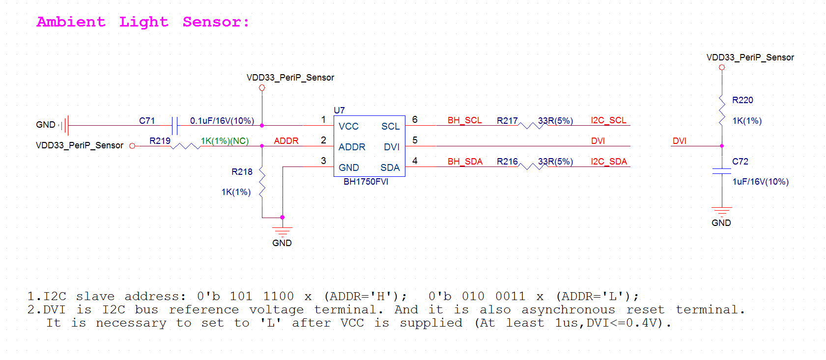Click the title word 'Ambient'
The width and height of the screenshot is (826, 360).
[x=71, y=22]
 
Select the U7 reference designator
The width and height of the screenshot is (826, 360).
[x=339, y=111]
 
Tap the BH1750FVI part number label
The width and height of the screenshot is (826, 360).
[x=366, y=182]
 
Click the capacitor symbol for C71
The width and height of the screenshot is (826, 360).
[x=174, y=126]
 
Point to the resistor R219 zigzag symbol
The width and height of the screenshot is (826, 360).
[x=185, y=146]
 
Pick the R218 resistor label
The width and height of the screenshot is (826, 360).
[x=242, y=172]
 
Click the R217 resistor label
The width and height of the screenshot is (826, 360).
[x=507, y=121]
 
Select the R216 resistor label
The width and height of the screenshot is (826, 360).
[x=507, y=162]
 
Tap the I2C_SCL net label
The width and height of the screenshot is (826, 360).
[x=608, y=121]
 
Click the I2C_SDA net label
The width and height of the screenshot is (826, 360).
[x=609, y=162]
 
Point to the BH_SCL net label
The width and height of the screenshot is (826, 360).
[x=464, y=121]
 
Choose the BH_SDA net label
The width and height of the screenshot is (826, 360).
[x=465, y=162]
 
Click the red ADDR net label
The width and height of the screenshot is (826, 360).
[x=286, y=141]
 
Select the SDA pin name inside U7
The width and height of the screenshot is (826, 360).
[x=390, y=168]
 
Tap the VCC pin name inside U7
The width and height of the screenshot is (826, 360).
[x=348, y=127]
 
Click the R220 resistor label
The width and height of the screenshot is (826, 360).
[x=742, y=100]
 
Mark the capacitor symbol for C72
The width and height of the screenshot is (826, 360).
[x=721, y=171]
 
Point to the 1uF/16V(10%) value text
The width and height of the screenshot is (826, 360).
[x=760, y=182]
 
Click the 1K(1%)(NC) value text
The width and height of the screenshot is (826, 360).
[x=225, y=141]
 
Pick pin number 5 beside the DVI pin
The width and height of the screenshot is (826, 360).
[x=415, y=140]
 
